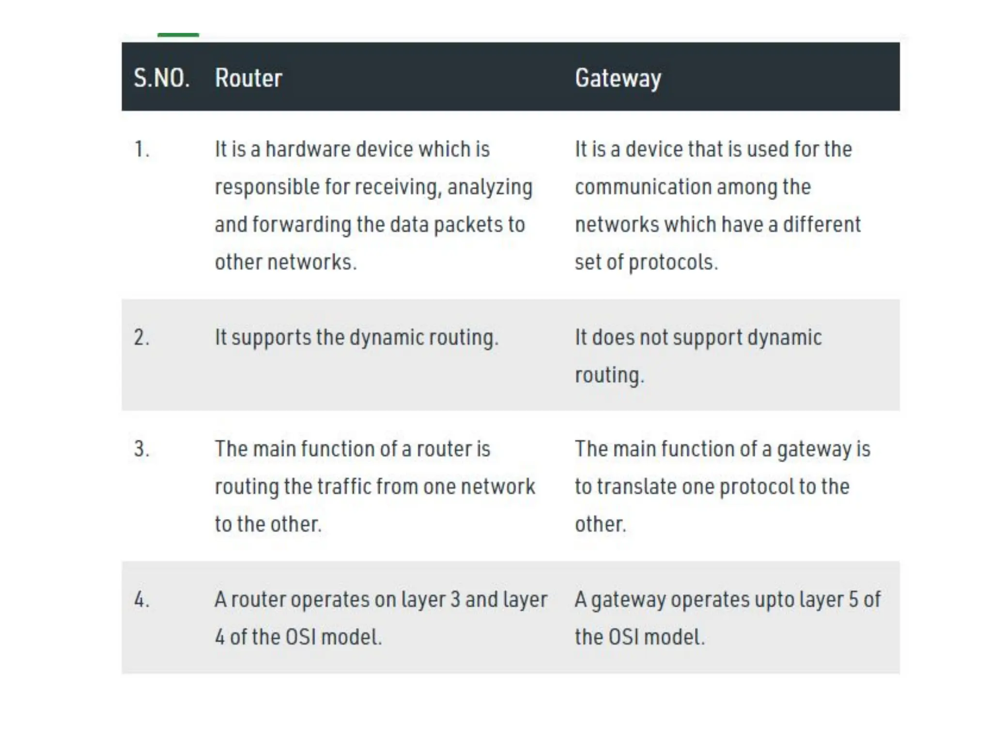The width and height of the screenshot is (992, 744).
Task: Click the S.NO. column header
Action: pos(161,78)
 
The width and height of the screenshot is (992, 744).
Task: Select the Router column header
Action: pos(248,78)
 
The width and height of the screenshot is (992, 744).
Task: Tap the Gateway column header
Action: pos(618,78)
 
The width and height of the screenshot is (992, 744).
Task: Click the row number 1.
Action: pos(141,149)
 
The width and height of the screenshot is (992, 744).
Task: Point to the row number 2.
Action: pos(141,337)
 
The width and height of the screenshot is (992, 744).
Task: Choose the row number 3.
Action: pos(141,449)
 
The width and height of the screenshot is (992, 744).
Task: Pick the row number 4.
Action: pos(141,600)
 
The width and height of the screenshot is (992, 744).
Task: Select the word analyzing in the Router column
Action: pos(490,187)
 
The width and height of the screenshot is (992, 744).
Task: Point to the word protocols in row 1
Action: pos(673,263)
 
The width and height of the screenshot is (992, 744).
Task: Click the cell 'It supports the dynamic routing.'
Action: pos(356,338)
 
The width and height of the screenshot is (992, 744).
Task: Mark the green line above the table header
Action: pos(178,35)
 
